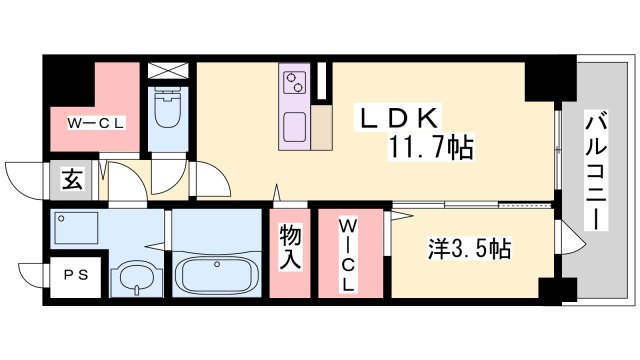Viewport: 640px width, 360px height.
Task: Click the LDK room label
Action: click(398, 118)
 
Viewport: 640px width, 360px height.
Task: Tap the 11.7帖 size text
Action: click(431, 147)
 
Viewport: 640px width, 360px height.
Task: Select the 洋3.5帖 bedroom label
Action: click(469, 248)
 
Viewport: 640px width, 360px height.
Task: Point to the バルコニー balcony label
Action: click(596, 170)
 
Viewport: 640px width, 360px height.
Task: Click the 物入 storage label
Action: click(290, 247)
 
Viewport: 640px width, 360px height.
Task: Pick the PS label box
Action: click(76, 275)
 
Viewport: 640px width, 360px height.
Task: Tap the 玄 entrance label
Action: click(73, 180)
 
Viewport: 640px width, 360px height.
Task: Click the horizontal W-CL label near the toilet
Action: click(96, 123)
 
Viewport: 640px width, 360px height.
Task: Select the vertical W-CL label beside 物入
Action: click(348, 255)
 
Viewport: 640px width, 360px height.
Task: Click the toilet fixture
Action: click(168, 108)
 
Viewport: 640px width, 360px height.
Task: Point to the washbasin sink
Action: click(136, 278)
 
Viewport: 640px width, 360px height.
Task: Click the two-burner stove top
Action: click(294, 82)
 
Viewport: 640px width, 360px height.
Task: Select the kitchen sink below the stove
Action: click(294, 127)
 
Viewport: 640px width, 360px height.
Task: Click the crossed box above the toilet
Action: click(168, 71)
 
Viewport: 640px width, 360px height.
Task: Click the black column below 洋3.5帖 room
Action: click(558, 291)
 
